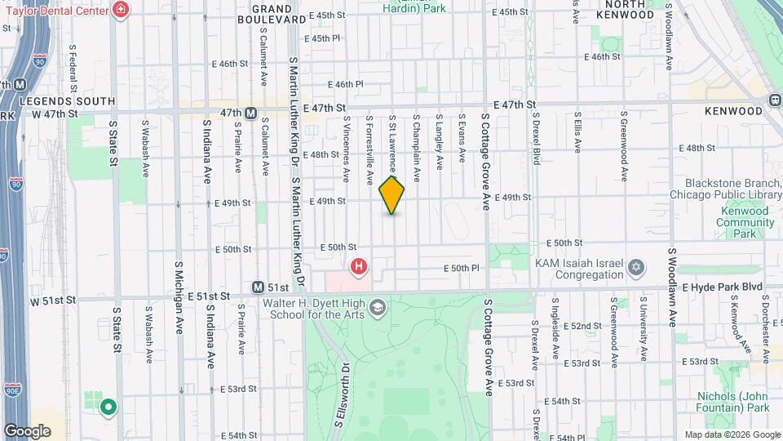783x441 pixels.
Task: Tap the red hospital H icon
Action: pyautogui.click(x=358, y=266)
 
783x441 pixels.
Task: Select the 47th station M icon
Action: pyautogui.click(x=251, y=113)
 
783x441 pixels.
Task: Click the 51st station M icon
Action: pyautogui.click(x=259, y=287)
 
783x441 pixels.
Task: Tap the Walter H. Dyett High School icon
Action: pyautogui.click(x=377, y=307)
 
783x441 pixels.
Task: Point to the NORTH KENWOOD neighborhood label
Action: pyautogui.click(x=625, y=9)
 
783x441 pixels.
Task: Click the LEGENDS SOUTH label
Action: pyautogui.click(x=56, y=100)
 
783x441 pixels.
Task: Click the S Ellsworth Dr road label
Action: pyautogui.click(x=341, y=396)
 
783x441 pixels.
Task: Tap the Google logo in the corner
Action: pyautogui.click(x=27, y=431)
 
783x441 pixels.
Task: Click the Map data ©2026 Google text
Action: pyautogui.click(x=732, y=434)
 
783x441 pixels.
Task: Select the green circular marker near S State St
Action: pyautogui.click(x=107, y=406)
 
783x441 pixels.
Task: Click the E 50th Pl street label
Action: pyautogui.click(x=461, y=268)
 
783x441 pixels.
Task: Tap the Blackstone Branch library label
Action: pyautogui.click(x=726, y=189)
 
